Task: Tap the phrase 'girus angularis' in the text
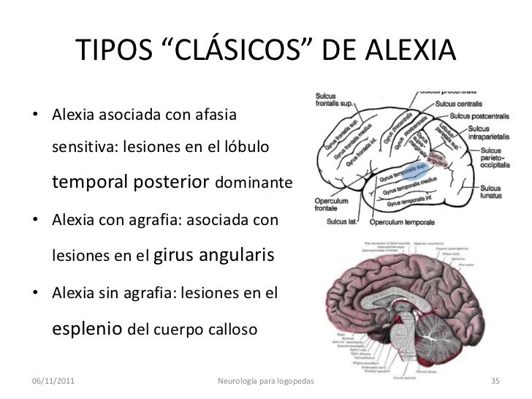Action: point(224,256)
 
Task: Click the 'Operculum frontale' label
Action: point(334,202)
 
